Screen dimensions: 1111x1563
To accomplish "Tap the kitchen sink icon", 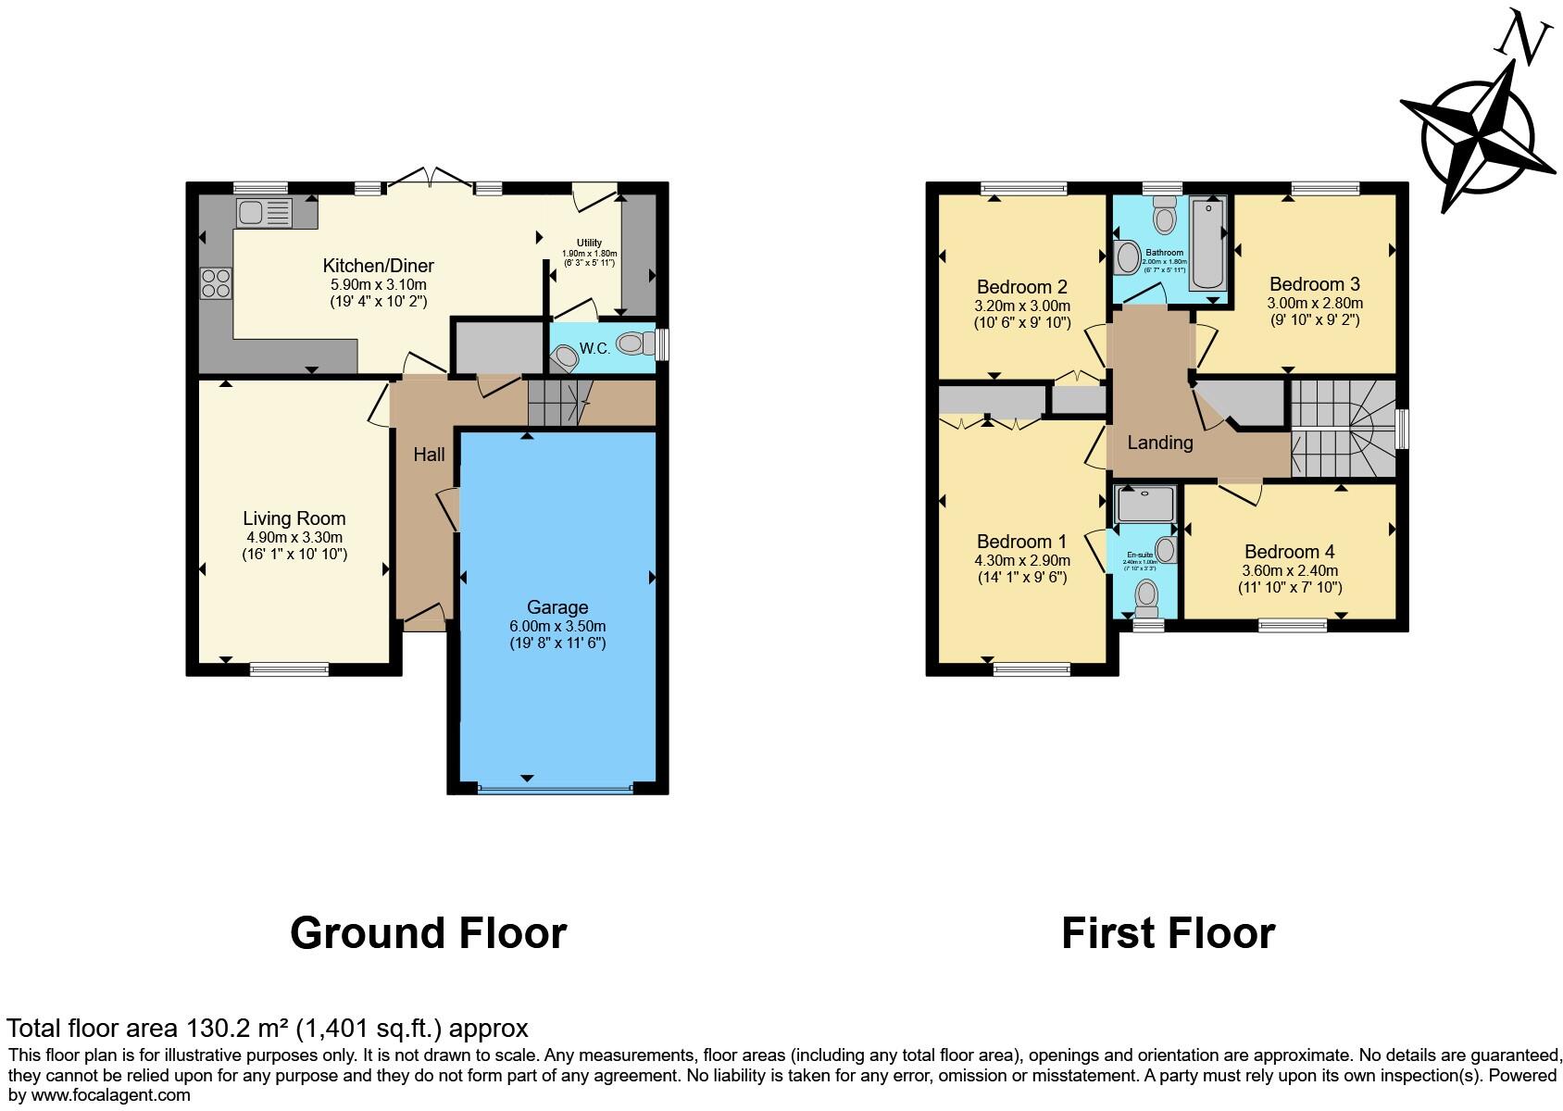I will (x=264, y=213).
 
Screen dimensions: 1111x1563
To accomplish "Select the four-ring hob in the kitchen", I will (x=216, y=282).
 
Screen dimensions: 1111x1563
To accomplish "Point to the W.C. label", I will (x=594, y=349).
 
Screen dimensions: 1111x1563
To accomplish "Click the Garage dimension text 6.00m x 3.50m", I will (x=557, y=626).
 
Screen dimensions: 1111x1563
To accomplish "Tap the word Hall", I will (x=429, y=455).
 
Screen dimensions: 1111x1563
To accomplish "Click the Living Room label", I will (x=294, y=518).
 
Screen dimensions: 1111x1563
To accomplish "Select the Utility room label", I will (x=589, y=243).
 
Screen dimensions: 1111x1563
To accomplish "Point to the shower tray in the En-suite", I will (x=1145, y=504).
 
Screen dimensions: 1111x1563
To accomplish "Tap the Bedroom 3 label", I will (x=1314, y=284).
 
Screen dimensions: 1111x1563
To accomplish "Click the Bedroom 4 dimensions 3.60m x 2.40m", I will (x=1290, y=570).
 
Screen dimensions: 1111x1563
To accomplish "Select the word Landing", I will (x=1159, y=443).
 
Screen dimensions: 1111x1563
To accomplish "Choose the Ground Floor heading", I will (x=428, y=932).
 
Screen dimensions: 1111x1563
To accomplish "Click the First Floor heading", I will (x=1168, y=932).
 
